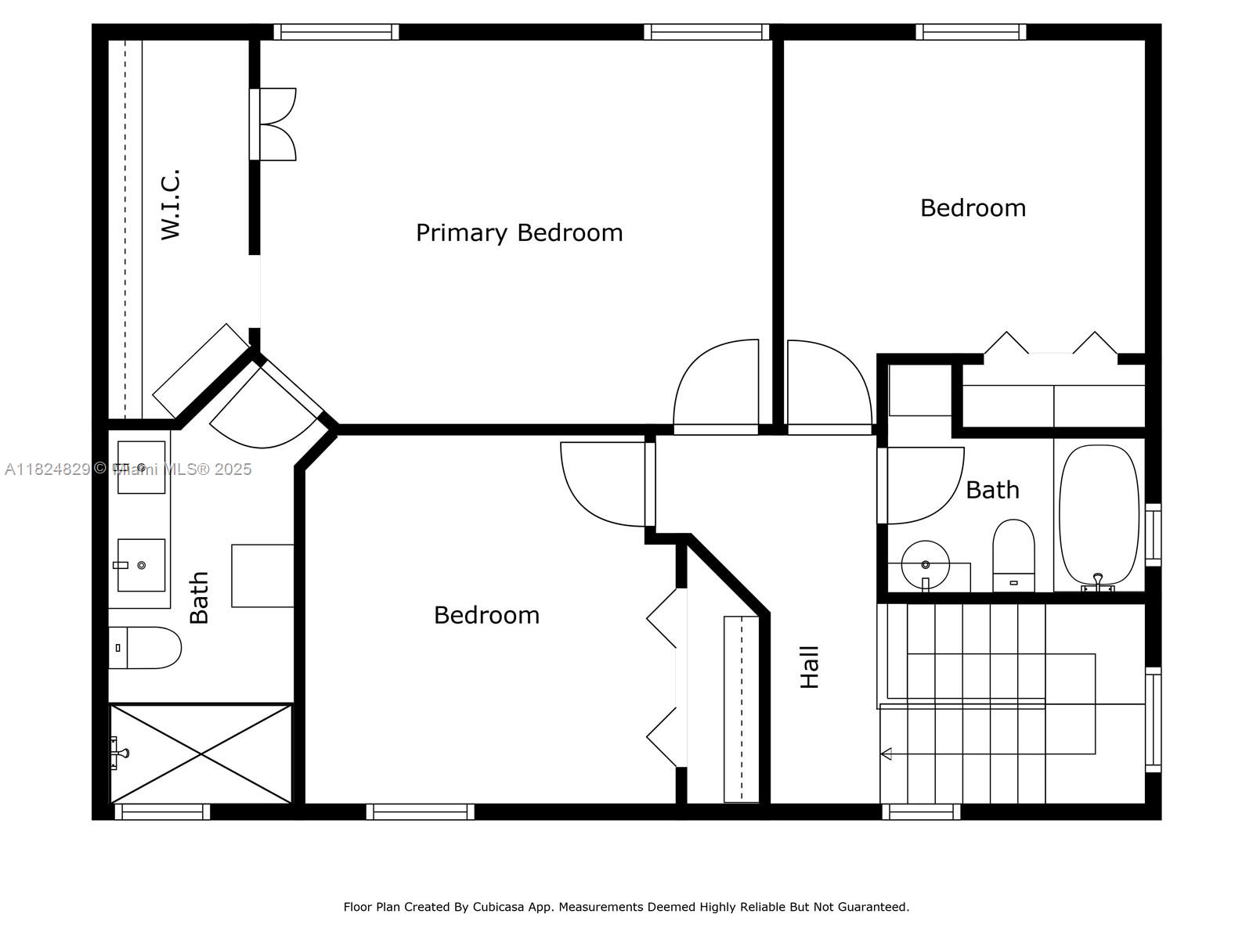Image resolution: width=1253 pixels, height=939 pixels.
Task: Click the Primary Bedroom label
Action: pos(518,232)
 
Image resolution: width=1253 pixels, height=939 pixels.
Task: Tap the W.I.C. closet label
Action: pos(171,204)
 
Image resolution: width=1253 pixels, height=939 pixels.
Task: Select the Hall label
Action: pos(809,667)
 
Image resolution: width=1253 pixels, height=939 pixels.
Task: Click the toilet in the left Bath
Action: pos(146,647)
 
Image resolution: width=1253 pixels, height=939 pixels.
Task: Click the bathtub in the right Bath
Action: pos(1098,516)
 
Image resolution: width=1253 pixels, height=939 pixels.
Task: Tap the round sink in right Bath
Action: pos(925,564)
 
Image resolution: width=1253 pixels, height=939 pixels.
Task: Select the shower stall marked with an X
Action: pos(201,754)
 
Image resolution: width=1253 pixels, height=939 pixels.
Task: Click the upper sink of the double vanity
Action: pos(142,467)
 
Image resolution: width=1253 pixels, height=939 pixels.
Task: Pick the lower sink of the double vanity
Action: pos(142,564)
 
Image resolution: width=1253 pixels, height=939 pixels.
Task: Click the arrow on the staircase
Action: pos(886,754)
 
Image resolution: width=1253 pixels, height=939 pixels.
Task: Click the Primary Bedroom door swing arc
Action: pos(715,385)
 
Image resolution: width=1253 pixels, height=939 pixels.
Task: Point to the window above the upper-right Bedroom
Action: pos(970,32)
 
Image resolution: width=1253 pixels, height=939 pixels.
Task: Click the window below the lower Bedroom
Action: pos(420,812)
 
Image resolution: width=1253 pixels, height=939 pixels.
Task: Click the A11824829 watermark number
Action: pos(47,469)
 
